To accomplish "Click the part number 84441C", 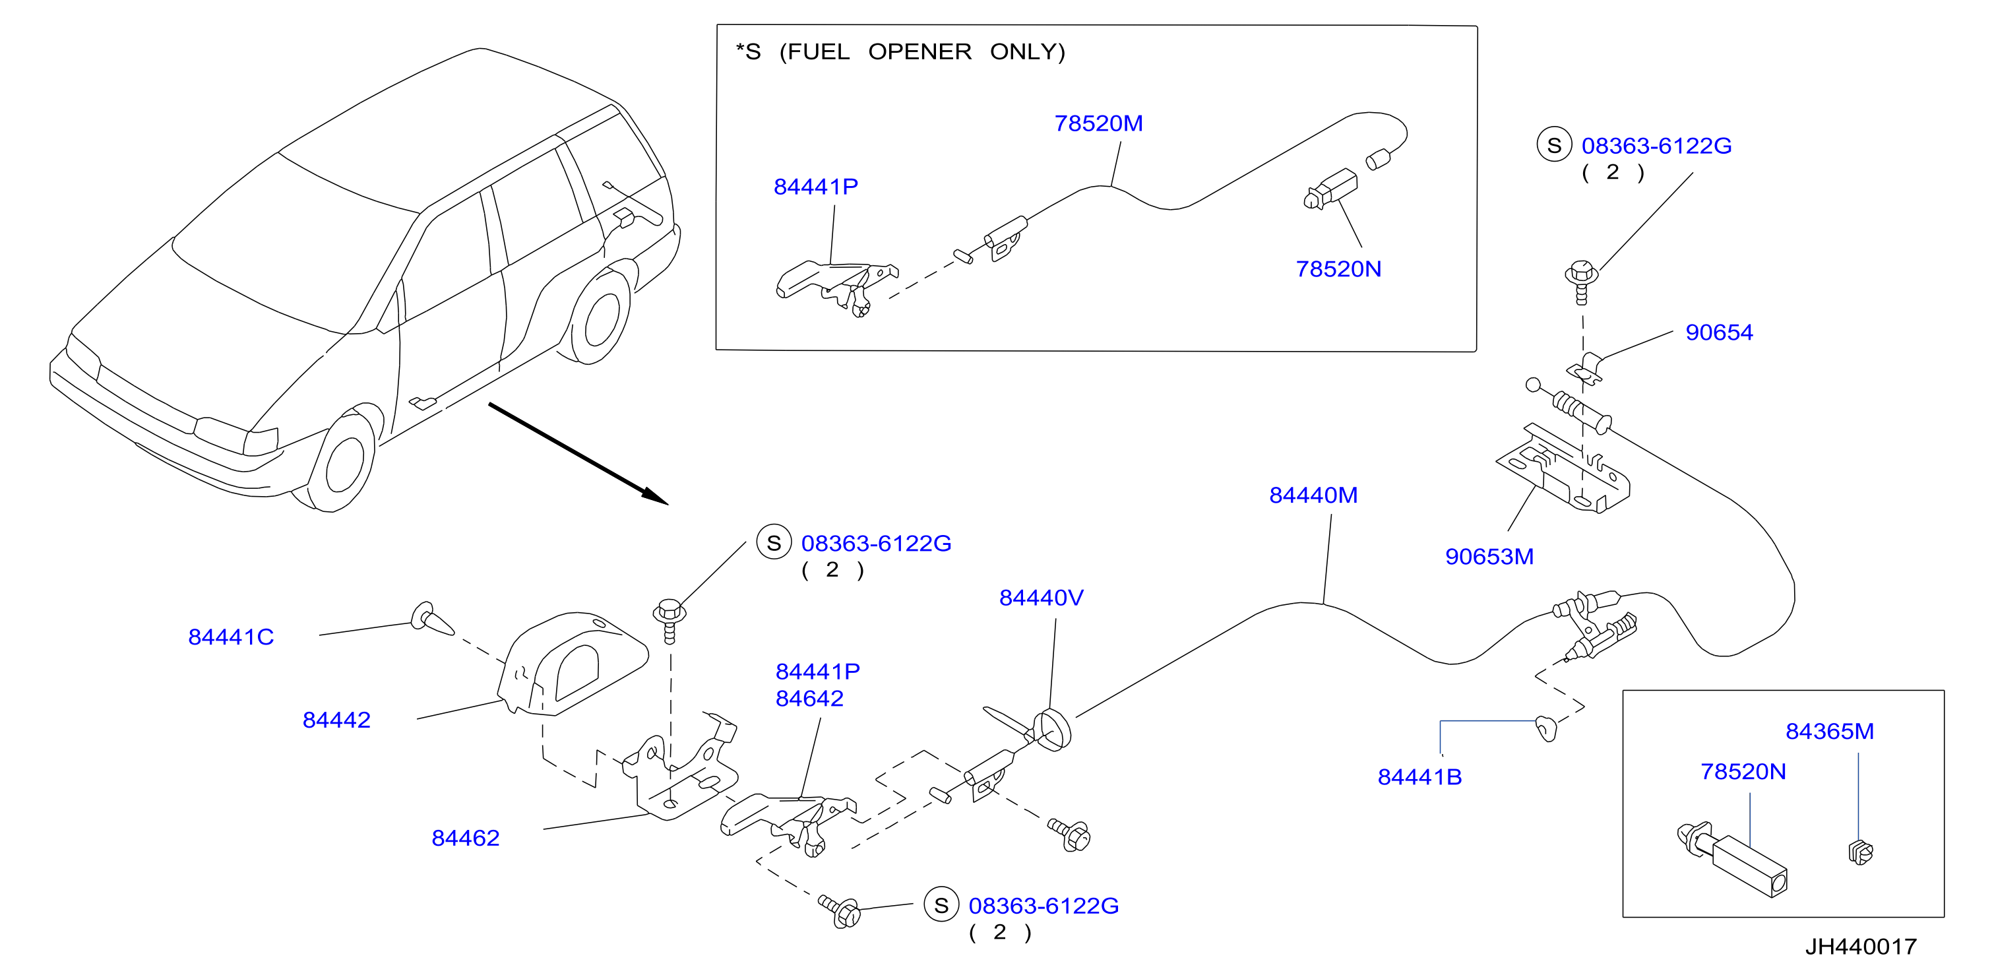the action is (231, 637).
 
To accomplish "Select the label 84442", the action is (336, 720).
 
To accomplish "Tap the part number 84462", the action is (465, 838).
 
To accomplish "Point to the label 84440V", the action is (1041, 598).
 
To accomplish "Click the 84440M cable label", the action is (1313, 495).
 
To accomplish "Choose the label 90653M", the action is (1489, 556).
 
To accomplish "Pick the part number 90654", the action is (1719, 332).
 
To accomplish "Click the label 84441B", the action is (1419, 777).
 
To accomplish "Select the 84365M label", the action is (1830, 732).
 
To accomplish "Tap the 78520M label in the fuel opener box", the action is (1098, 123).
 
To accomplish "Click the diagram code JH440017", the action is (1861, 947).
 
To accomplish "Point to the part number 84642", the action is (810, 698).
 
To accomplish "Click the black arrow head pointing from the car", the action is (655, 496).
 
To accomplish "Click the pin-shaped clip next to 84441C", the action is (433, 619).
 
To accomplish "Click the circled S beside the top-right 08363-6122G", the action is (1554, 144).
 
